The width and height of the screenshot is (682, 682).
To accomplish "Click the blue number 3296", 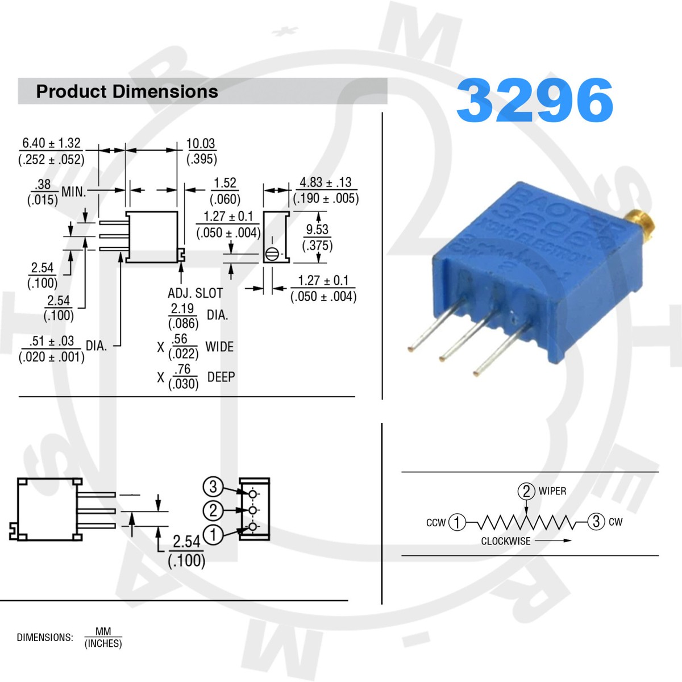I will point(534,100).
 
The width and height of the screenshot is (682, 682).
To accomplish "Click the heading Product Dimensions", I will point(127,92).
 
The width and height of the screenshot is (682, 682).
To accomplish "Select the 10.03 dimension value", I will point(201,143).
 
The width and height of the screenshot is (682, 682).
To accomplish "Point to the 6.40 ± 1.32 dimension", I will point(51,143).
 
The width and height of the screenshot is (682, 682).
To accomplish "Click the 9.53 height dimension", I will point(317,230).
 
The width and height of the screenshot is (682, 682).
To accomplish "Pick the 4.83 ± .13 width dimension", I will point(326,182).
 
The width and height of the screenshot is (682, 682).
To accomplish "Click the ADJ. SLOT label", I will point(195,293).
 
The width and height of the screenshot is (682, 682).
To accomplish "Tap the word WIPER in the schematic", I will point(552,491).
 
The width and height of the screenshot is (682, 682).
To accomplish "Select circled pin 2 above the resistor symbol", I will point(526,491).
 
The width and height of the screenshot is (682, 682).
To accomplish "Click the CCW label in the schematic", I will point(436,522).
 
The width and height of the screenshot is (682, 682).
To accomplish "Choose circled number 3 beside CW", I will point(596,522).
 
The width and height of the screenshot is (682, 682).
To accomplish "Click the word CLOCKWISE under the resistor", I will point(506,541).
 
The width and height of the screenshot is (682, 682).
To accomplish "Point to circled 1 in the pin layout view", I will point(213,534).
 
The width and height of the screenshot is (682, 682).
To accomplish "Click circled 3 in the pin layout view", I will point(213,486).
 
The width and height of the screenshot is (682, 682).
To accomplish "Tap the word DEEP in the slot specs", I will point(221,377).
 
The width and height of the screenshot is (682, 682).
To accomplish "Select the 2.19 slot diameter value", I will point(182,309).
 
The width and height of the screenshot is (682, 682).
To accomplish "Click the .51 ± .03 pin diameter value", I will point(52,341).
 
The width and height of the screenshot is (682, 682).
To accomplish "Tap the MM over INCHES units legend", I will point(103,637).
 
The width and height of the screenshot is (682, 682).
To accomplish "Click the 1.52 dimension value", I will point(224,183).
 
